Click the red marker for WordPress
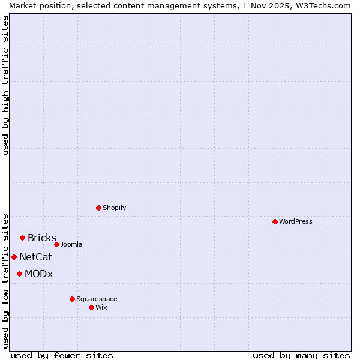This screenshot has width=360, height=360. click(x=275, y=221)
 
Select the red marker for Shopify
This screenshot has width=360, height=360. click(x=98, y=208)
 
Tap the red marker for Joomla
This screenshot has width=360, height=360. click(x=56, y=244)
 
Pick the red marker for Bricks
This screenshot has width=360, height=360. click(x=22, y=238)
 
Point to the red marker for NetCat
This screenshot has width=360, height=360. click(x=14, y=257)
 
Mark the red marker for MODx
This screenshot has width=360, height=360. click(x=19, y=274)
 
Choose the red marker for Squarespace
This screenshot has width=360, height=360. click(x=72, y=299)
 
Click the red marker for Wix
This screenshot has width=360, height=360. click(x=91, y=307)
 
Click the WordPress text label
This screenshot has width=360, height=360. click(x=296, y=221)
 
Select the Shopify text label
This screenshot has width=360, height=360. click(x=115, y=208)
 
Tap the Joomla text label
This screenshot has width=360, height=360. click(x=71, y=244)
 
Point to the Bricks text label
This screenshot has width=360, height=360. click(x=42, y=238)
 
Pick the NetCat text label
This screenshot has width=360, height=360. click(x=35, y=257)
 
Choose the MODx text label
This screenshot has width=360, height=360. click(x=39, y=274)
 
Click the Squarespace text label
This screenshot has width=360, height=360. click(x=97, y=299)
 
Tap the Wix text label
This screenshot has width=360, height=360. click(x=101, y=307)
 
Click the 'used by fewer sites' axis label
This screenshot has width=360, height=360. click(x=62, y=355)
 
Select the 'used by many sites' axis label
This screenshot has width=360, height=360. click(x=301, y=355)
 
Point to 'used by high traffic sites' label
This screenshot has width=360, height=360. click(x=6, y=85)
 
